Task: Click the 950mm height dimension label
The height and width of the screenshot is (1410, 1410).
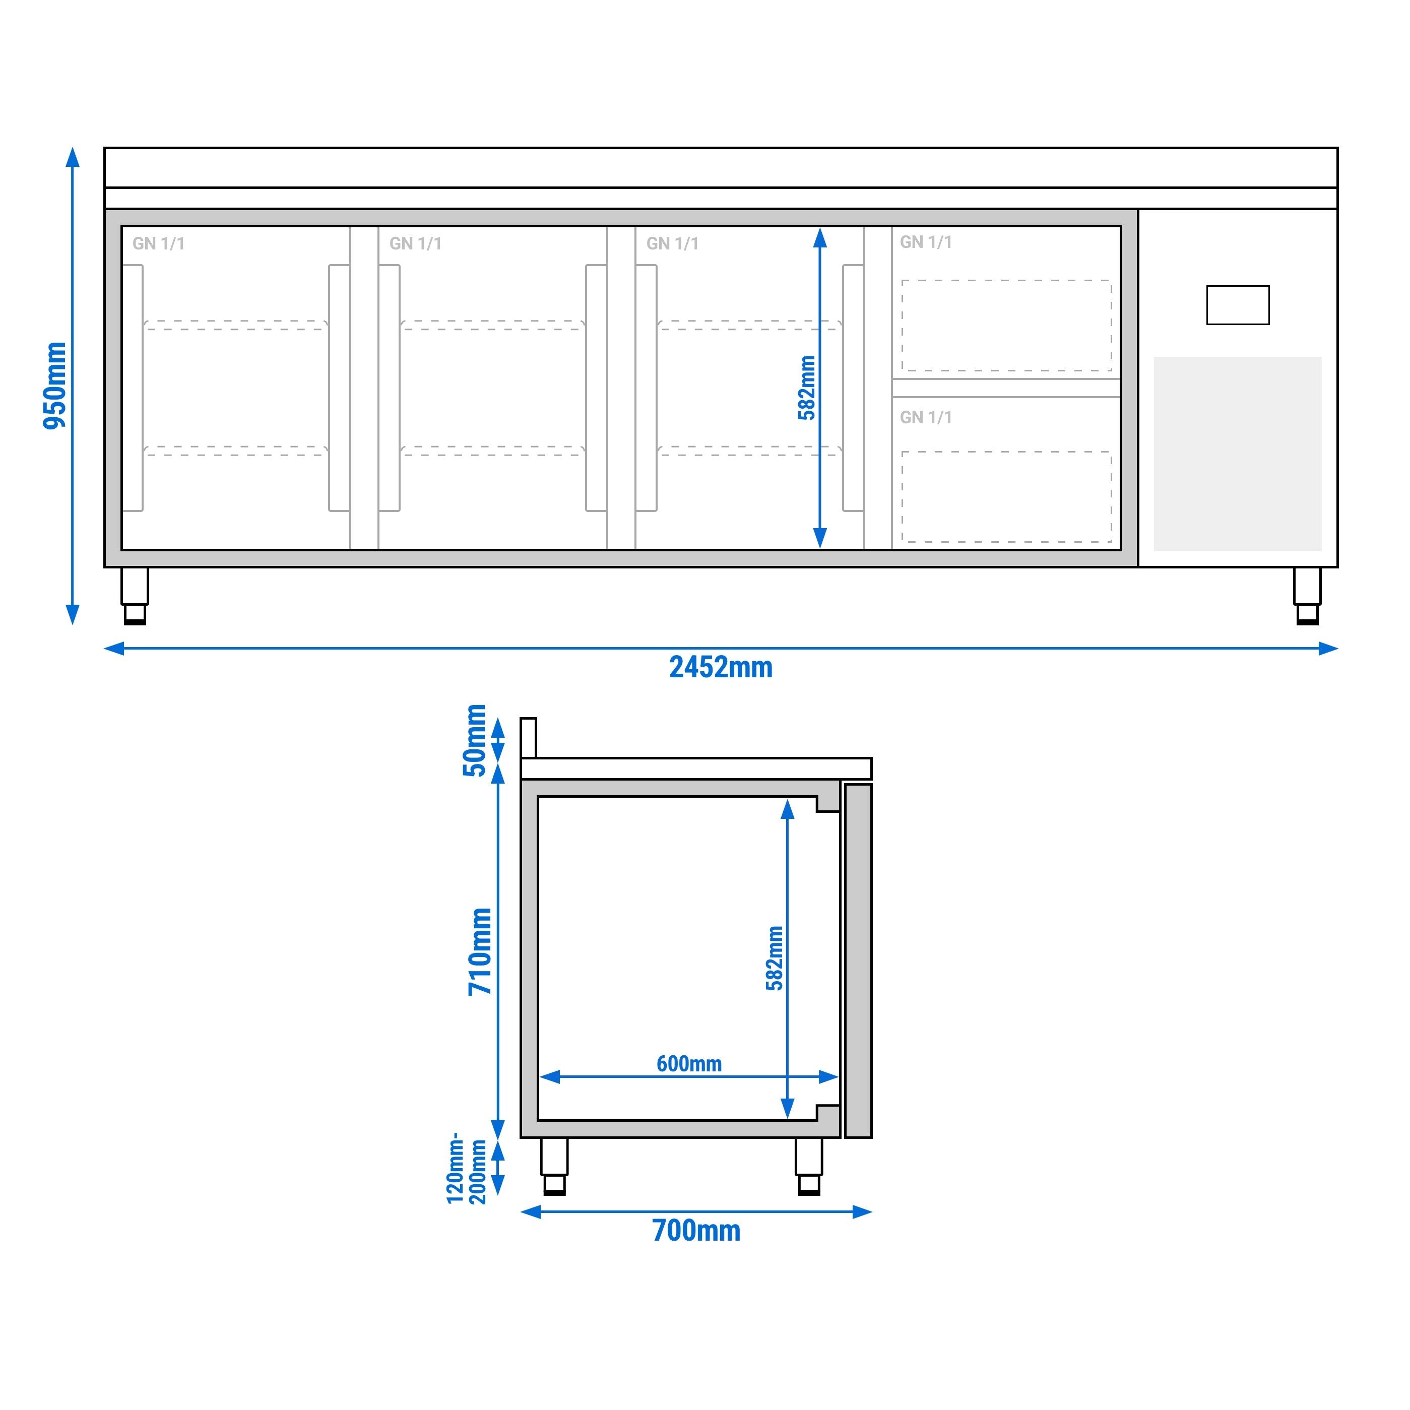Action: click(x=55, y=386)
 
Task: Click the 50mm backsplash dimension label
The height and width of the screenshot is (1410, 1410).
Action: click(x=474, y=740)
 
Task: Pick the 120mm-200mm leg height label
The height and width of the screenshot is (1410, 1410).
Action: click(x=466, y=1168)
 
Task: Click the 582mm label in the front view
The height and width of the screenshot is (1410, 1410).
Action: click(x=806, y=388)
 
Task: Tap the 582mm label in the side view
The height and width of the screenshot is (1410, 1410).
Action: click(x=775, y=958)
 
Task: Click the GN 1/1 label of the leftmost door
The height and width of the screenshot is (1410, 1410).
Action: click(x=158, y=244)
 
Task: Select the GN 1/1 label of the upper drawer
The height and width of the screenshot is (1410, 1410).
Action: click(x=925, y=242)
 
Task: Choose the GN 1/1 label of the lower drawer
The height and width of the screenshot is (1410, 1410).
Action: click(x=925, y=417)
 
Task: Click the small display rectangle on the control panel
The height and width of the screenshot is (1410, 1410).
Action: click(x=1237, y=305)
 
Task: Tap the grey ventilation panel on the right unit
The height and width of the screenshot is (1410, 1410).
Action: click(x=1237, y=454)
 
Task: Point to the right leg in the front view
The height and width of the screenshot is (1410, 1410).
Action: click(x=1307, y=595)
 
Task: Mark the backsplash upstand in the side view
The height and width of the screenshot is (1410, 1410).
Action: click(x=529, y=738)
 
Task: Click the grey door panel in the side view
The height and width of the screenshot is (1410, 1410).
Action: click(x=858, y=960)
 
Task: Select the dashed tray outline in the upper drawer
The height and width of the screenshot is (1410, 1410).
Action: click(x=1006, y=326)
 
